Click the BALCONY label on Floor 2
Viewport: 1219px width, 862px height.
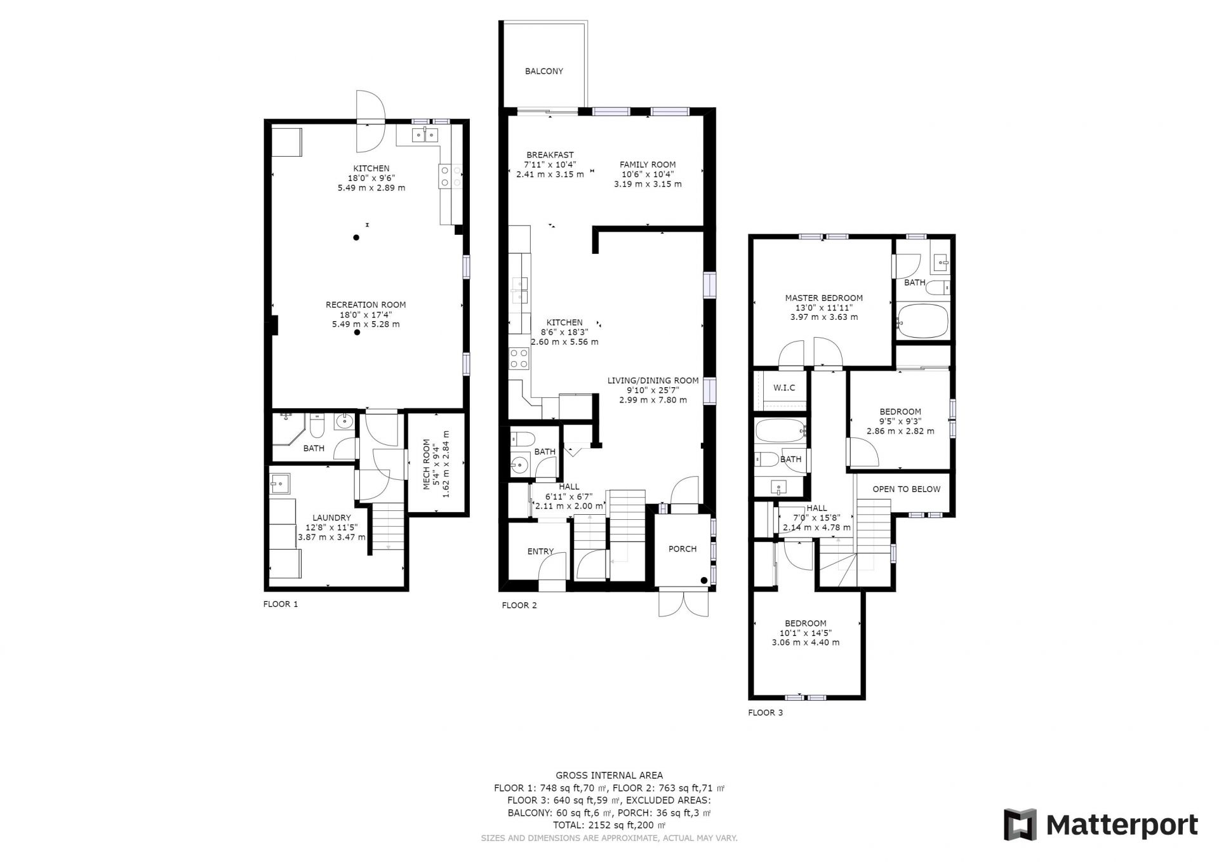coord(544,71)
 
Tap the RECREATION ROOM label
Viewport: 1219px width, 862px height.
coord(366,305)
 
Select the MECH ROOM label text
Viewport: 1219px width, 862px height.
coord(427,464)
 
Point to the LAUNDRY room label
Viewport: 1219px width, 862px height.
coord(331,518)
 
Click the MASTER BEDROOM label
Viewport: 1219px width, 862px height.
coord(824,298)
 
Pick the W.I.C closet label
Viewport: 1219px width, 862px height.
coord(784,388)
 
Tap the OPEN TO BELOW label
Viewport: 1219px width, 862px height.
coord(907,489)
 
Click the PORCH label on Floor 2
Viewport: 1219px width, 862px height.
coord(683,549)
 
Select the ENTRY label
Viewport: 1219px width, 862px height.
coord(540,552)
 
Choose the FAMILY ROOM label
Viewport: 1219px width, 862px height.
coord(648,164)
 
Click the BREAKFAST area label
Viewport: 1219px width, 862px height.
coord(550,155)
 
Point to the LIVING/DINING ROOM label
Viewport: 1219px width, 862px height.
coord(653,381)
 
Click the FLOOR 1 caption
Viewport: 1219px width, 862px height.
coord(281,604)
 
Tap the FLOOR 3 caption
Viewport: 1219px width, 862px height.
coord(766,712)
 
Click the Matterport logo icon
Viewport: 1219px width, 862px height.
coord(1020,825)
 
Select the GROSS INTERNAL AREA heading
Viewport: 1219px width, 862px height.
coord(609,775)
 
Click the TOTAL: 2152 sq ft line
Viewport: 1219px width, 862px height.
coord(609,825)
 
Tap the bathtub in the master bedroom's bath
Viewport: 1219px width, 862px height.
coord(922,322)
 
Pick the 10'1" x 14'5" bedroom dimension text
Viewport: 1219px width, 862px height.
coord(805,633)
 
